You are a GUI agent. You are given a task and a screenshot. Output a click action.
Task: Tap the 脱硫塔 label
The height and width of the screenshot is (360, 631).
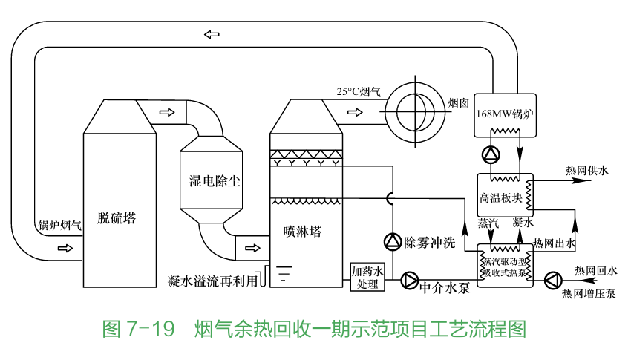(117, 217)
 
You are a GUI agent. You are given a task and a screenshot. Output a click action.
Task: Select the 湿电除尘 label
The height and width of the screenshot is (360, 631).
(215, 180)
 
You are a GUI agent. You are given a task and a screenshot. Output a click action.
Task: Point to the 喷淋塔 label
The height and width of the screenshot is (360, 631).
(303, 231)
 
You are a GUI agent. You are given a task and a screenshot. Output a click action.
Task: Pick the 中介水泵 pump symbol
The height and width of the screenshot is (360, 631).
(410, 281)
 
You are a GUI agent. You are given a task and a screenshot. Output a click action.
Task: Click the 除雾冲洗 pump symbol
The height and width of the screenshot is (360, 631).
(392, 241)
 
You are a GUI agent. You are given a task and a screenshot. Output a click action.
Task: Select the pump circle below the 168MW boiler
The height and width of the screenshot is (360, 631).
(491, 154)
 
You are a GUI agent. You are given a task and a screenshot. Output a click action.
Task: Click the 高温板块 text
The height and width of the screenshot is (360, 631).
(501, 198)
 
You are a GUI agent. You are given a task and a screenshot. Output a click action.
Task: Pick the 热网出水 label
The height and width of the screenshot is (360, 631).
(555, 243)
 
